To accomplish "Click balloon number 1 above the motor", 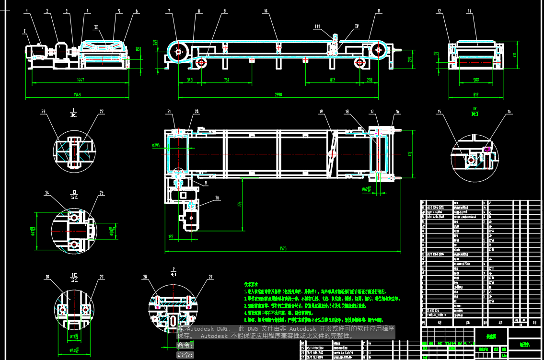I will [27, 11].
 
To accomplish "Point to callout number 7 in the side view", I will [169, 11].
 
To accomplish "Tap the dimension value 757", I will [226, 80].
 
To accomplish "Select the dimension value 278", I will [370, 80].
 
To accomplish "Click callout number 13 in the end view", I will [469, 11].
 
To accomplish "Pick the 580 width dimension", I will [476, 80].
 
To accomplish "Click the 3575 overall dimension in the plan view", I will [283, 248].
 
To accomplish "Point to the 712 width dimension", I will [410, 154].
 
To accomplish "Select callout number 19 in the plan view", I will [321, 112].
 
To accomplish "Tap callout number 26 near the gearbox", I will [217, 197].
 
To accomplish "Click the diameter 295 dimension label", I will [155, 146].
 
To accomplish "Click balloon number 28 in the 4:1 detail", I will [145, 277].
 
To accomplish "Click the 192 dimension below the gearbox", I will [170, 237].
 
